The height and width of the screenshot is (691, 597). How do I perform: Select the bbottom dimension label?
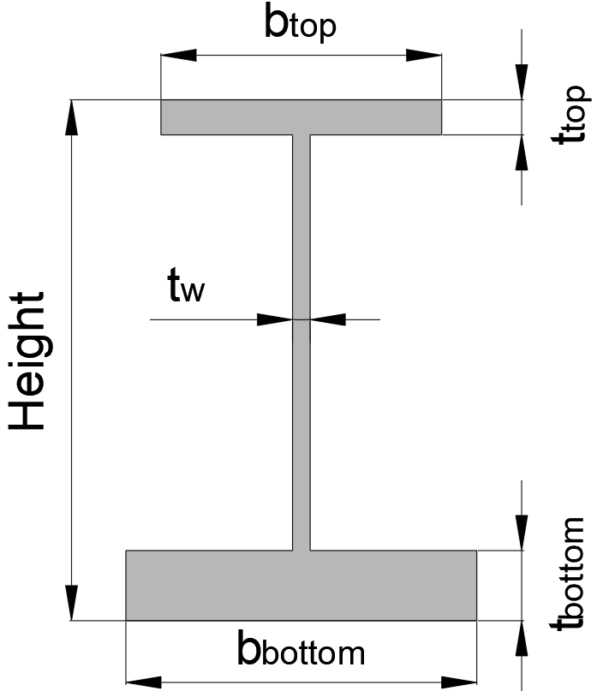point(301,652)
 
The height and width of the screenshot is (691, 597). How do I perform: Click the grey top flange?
point(301,116)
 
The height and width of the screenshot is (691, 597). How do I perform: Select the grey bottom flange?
point(301,584)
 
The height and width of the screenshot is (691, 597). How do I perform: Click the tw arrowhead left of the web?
point(276,319)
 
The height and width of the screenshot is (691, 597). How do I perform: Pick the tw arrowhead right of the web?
point(327,319)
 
